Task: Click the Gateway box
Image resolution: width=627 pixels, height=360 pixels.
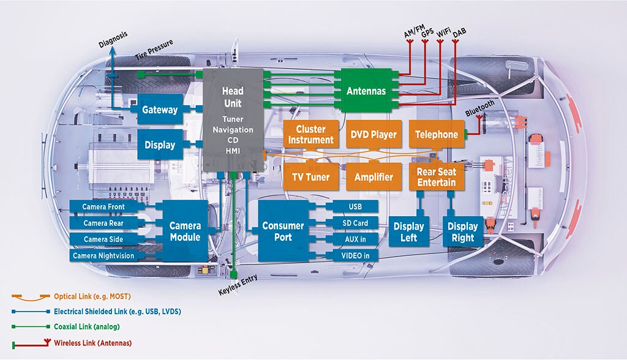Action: (160, 110)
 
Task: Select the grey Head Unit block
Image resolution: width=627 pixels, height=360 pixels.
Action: (233, 120)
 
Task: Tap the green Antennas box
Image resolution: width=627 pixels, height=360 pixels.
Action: (366, 91)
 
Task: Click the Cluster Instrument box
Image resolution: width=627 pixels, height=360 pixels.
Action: (310, 135)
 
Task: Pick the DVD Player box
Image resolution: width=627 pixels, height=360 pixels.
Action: (374, 135)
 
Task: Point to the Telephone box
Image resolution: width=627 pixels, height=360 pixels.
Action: (436, 135)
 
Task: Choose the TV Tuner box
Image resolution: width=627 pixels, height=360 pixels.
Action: (310, 177)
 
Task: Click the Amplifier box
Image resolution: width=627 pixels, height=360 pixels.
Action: (374, 177)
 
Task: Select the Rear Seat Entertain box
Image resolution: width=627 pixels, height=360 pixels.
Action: (436, 177)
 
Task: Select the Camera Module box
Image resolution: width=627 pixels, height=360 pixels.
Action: (184, 231)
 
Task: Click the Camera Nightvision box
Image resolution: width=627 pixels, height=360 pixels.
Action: (103, 256)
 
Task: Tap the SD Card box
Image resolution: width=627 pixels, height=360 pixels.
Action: (355, 223)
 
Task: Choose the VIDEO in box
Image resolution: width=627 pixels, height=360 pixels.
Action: (355, 255)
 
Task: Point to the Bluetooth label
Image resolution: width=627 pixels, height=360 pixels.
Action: (479, 108)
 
